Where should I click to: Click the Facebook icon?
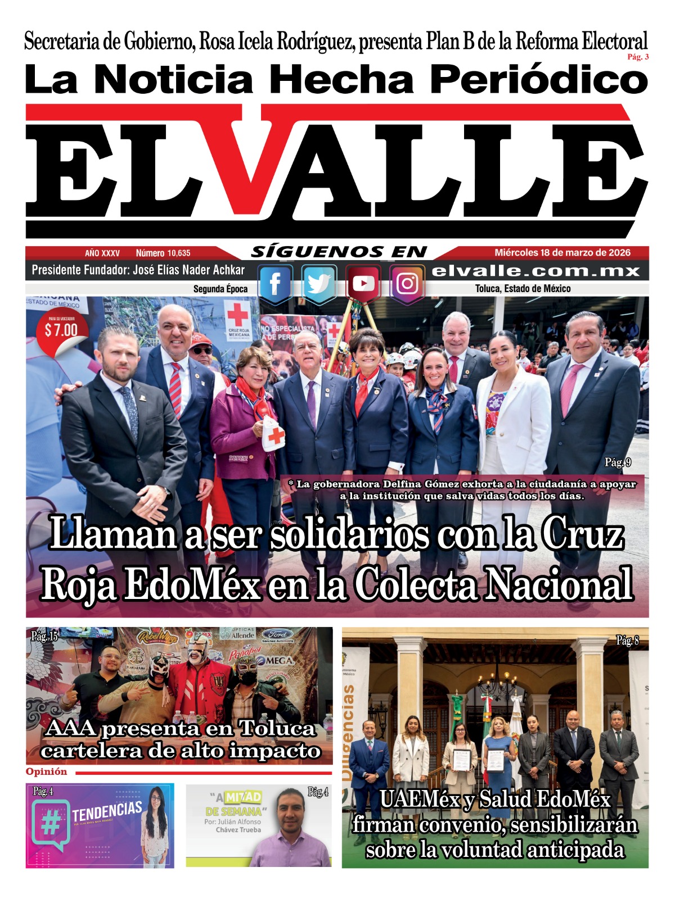[x=275, y=284]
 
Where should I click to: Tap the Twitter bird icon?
[x=318, y=284]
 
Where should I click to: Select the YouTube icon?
[x=363, y=284]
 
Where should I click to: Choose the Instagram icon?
[x=407, y=284]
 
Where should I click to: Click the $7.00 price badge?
[x=61, y=330]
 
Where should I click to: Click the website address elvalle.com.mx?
[x=535, y=271]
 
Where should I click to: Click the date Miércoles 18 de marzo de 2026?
[x=562, y=253]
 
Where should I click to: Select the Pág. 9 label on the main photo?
[x=617, y=462]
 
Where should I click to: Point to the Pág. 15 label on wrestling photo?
[x=44, y=637]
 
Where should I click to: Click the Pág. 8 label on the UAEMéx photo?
[x=627, y=641]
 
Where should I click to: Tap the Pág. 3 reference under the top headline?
[x=638, y=57]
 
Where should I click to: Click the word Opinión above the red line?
[x=47, y=772]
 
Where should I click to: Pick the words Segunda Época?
[x=220, y=289]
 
